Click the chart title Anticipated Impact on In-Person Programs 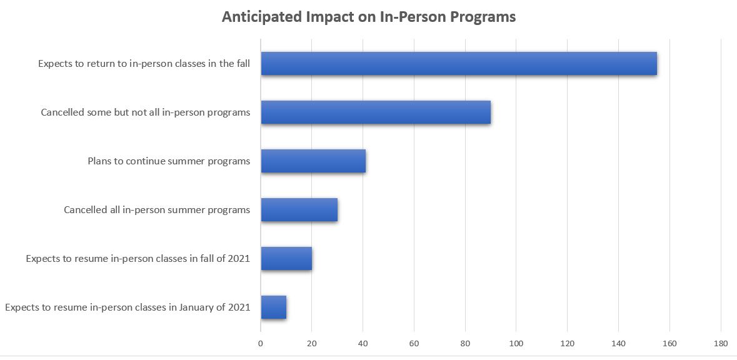[x=369, y=17]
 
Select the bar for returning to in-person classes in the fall [x=458, y=64]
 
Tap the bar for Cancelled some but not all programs [x=375, y=112]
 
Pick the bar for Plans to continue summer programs [x=313, y=161]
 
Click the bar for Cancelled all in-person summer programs [x=299, y=210]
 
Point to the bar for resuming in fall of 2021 [x=286, y=258]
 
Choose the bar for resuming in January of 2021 [x=273, y=307]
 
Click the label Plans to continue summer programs [x=169, y=161]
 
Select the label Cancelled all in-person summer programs [x=157, y=210]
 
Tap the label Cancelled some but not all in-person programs [x=146, y=112]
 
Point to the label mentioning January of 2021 [x=128, y=307]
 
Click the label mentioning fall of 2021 [x=138, y=258]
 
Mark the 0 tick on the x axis [x=261, y=343]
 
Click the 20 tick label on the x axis [x=311, y=343]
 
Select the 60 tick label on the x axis [x=414, y=343]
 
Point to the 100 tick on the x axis [x=516, y=343]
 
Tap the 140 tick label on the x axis [x=618, y=343]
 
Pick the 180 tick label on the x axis [x=720, y=343]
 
